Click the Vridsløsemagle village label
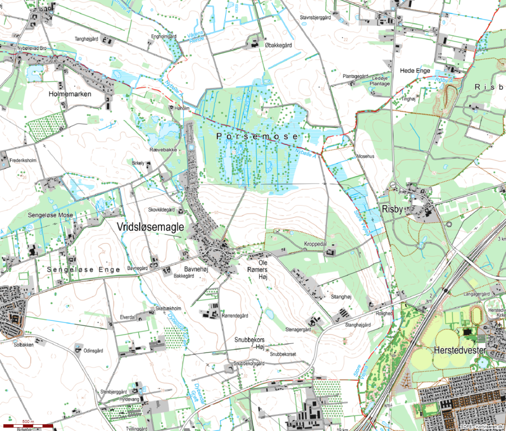click(150, 227)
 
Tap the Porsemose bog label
click(257, 136)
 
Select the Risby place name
click(392, 209)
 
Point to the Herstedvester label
click(460, 350)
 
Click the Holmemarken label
click(70, 94)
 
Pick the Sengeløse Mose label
click(50, 215)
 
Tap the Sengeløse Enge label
click(83, 269)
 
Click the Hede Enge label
click(415, 71)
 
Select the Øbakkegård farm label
click(278, 45)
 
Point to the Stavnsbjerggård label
click(315, 18)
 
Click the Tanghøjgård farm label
click(86, 39)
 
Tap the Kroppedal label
click(315, 244)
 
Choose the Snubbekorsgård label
click(249, 363)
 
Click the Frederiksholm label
click(23, 161)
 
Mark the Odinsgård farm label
click(93, 351)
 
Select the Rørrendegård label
click(235, 316)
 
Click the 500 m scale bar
click(28, 426)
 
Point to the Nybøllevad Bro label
click(32, 49)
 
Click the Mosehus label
click(365, 156)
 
